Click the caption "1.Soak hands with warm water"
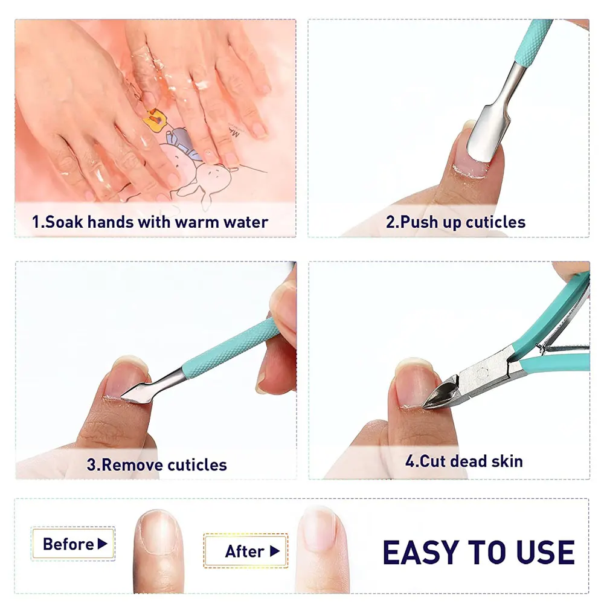[150, 222]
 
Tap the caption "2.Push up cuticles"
[455, 222]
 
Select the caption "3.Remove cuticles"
[156, 464]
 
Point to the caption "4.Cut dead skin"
[464, 461]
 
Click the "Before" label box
[73, 544]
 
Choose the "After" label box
[245, 551]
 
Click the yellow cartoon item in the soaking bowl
[155, 118]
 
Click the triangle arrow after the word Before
[102, 544]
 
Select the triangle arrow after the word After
[275, 551]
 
